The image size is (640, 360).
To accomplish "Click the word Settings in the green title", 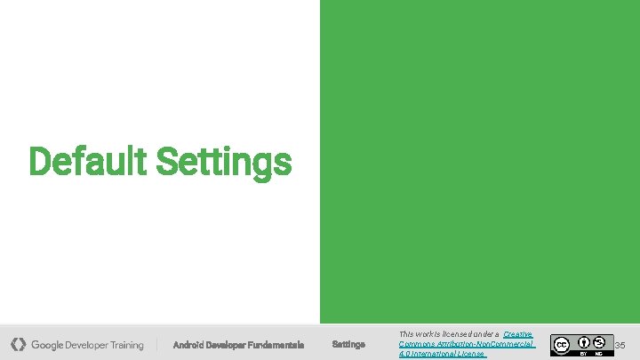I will (223, 162).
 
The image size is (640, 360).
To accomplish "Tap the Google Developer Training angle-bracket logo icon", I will (19, 344).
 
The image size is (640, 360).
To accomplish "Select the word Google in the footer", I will (49, 345).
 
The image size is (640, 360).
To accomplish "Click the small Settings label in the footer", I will (348, 345).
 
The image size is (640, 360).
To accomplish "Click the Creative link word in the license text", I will (517, 334).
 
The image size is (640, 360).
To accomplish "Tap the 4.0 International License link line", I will (442, 354).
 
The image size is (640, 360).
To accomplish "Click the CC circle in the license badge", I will (561, 344).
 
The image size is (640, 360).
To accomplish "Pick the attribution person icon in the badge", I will (584, 340).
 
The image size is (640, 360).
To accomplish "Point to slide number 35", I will (620, 345).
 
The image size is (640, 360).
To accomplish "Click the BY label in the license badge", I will (584, 352).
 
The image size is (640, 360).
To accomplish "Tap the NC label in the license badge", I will (599, 352).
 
